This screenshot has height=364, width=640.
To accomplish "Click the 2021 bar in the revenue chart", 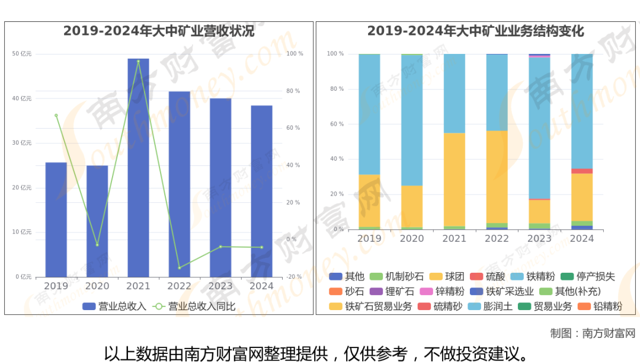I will click(138, 168).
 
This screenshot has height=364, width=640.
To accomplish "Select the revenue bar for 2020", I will click(97, 221).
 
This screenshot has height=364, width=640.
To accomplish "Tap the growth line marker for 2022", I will click(180, 267).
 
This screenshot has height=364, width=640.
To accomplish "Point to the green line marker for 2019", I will click(56, 116).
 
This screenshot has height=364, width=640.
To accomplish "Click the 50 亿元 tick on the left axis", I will click(22, 54).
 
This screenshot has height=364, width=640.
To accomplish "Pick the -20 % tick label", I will click(294, 277).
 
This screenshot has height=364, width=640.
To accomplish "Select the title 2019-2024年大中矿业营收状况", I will click(159, 31).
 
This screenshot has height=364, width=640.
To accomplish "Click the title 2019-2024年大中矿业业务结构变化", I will click(476, 31).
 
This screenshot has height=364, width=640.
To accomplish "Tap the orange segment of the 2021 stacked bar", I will click(455, 180).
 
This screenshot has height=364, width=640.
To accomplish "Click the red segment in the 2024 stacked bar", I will click(582, 171).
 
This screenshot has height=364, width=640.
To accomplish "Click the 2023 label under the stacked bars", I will click(539, 238).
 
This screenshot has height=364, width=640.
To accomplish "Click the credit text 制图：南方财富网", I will click(592, 333).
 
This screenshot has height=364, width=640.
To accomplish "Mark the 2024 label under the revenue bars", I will click(261, 286).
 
